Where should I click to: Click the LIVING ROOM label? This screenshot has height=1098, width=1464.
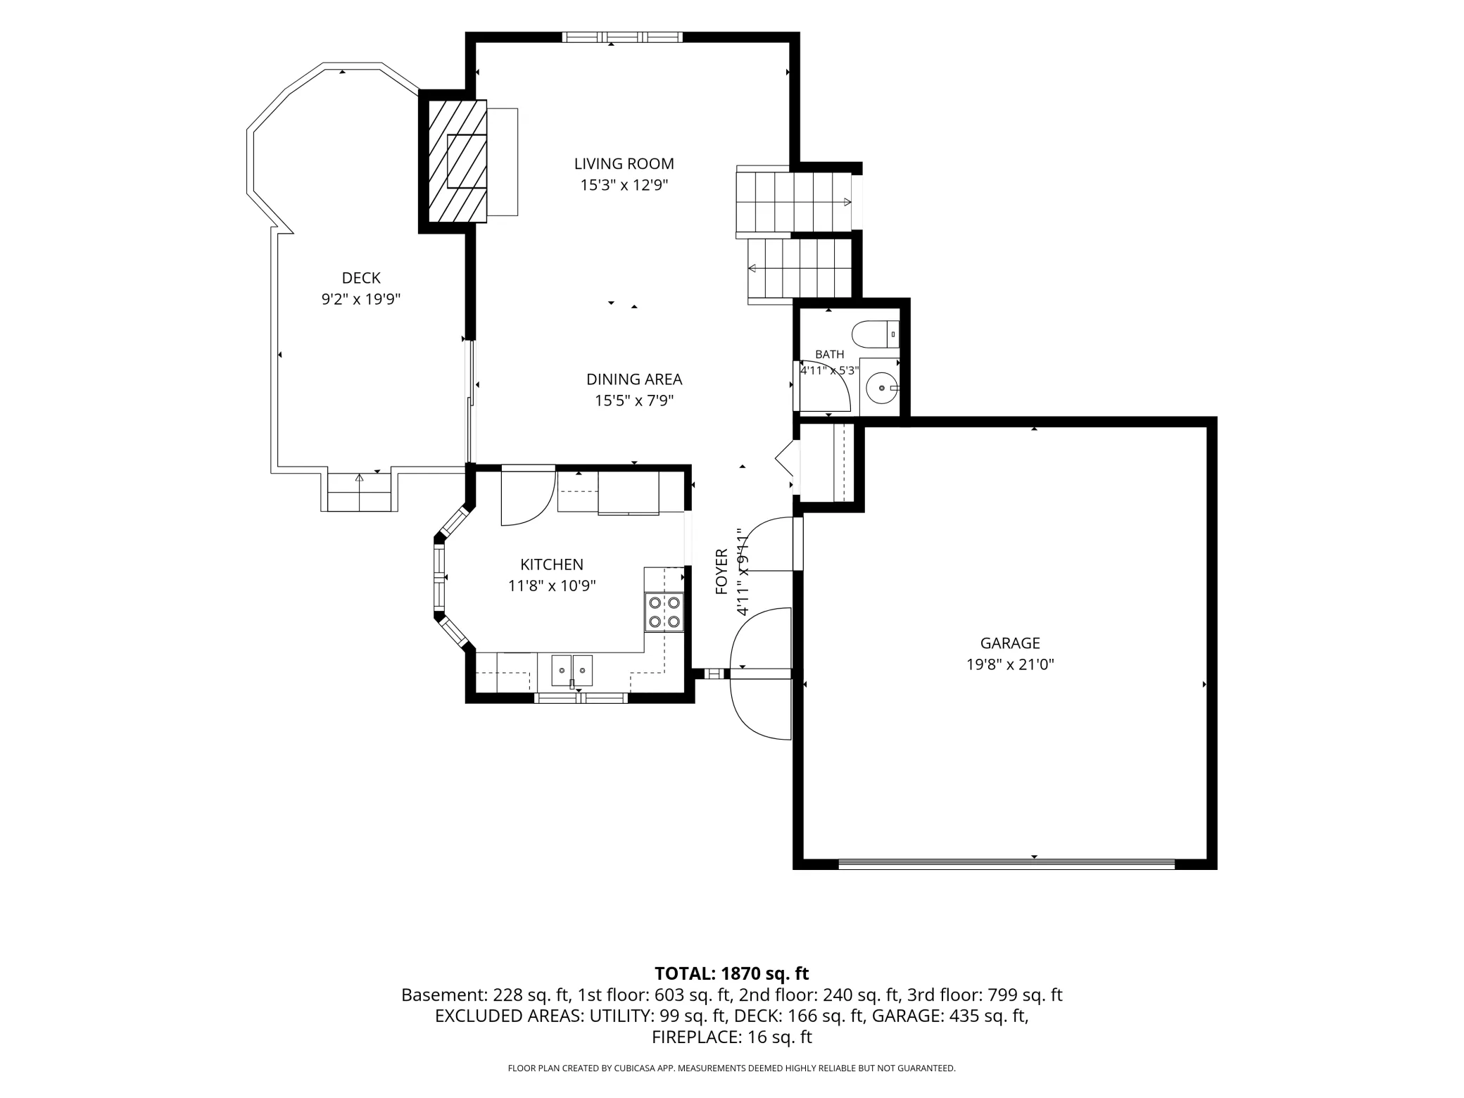[x=624, y=164]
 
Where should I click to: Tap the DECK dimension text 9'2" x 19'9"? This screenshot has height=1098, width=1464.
[x=361, y=299]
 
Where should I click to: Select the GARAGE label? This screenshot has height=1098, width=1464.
[x=1010, y=643]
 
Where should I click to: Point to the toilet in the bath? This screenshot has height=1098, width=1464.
[x=876, y=334]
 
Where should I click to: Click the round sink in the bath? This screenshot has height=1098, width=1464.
[x=881, y=388]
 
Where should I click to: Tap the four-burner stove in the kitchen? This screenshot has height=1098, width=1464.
[x=664, y=612]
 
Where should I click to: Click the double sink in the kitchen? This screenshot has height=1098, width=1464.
[x=572, y=670]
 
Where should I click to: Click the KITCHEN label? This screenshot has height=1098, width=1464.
[x=552, y=564]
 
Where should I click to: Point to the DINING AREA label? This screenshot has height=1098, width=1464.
[x=634, y=379]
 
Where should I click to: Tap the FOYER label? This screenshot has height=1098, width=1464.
[x=721, y=572]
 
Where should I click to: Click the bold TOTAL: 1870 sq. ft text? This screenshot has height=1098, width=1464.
[x=731, y=973]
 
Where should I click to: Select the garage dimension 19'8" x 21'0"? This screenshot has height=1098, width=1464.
[x=1010, y=664]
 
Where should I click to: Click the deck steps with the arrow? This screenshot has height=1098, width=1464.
[x=359, y=491]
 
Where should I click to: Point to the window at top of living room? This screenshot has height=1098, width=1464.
[x=622, y=37]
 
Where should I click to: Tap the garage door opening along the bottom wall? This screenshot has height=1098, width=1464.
[x=1007, y=864]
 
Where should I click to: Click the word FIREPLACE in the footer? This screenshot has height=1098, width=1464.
[x=695, y=1037]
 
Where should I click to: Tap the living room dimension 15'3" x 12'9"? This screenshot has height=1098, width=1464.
[x=624, y=186]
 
